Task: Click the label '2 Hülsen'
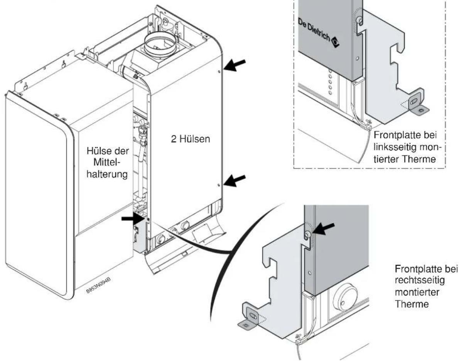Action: (191, 139)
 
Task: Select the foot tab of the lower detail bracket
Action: (249, 316)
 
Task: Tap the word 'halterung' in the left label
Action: (107, 174)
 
